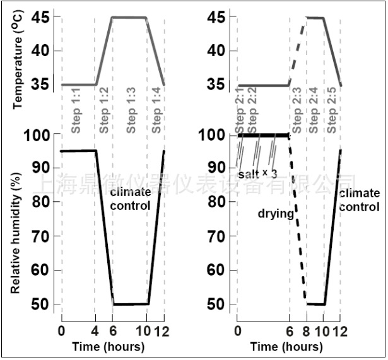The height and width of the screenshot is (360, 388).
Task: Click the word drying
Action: pyautogui.click(x=276, y=214)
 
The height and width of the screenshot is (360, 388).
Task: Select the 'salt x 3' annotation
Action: pyautogui.click(x=257, y=172)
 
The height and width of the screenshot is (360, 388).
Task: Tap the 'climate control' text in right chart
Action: pyautogui.click(x=359, y=199)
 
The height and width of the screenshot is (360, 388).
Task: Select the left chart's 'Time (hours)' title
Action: pyautogui.click(x=108, y=347)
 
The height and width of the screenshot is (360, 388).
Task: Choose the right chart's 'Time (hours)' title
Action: pyautogui.click(x=286, y=347)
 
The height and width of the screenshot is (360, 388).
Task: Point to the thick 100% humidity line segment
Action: pyautogui.click(x=263, y=135)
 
